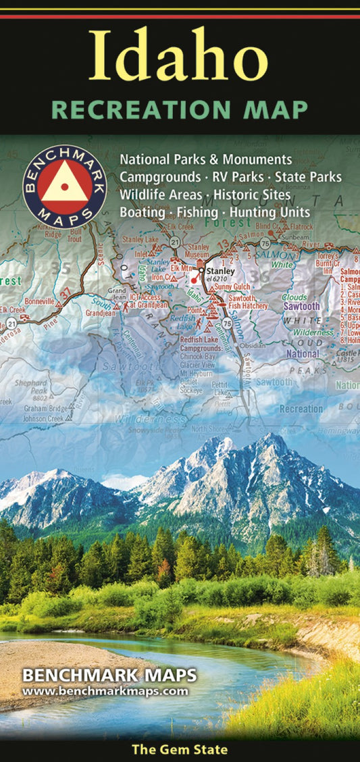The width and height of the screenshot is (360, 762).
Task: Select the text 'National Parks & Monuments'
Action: pyautogui.click(x=206, y=160)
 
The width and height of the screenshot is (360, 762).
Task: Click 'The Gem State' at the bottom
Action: pyautogui.click(x=180, y=749)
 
